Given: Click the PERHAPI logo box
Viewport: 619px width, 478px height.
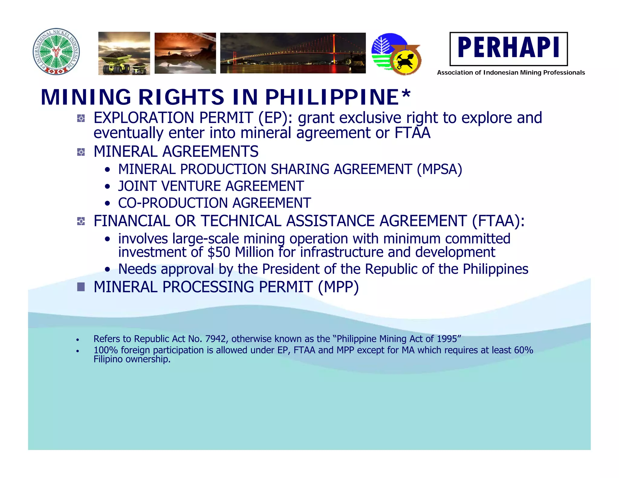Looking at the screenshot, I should tap(508, 49).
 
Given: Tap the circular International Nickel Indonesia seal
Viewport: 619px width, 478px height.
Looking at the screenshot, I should tap(56, 52).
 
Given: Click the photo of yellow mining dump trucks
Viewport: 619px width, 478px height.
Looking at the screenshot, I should tap(124, 53).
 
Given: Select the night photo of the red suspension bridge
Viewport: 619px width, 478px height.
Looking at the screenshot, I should tap(293, 53).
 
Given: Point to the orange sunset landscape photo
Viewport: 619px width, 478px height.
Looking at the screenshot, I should tap(185, 53).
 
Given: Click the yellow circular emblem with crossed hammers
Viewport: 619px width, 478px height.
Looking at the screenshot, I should tap(405, 61).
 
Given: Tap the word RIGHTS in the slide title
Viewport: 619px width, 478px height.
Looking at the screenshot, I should tap(181, 97).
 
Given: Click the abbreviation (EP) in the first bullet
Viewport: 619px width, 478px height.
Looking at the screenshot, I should tap(275, 118).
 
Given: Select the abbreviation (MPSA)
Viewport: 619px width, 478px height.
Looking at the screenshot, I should tap(439, 170).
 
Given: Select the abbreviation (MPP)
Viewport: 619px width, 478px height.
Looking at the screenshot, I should tap(338, 287).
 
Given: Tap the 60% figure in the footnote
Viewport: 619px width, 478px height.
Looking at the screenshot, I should tap(523, 350).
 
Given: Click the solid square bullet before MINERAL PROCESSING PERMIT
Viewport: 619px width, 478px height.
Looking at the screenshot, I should tap(81, 287).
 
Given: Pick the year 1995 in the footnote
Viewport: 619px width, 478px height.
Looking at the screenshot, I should tap(447, 339).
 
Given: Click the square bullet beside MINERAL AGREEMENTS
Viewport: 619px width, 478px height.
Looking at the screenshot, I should tap(81, 152).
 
